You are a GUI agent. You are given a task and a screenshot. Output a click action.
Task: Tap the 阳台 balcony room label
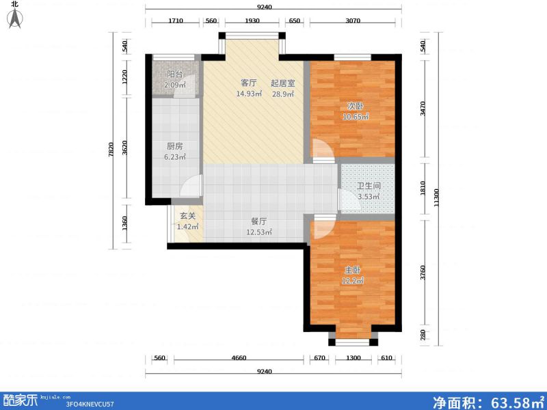click(x=176, y=75)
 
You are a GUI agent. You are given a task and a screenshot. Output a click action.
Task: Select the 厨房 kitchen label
click(x=175, y=146)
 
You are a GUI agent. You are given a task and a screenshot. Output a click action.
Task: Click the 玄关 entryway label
click(x=187, y=217)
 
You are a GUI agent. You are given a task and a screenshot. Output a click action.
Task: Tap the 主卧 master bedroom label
click(x=353, y=270)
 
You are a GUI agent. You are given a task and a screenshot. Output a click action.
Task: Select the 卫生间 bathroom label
click(x=369, y=186)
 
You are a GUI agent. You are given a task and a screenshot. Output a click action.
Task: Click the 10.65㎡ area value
click(x=356, y=117)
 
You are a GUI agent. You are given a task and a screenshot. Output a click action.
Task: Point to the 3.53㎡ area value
click(x=368, y=197)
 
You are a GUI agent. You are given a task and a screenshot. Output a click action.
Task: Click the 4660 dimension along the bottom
click(x=239, y=358)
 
